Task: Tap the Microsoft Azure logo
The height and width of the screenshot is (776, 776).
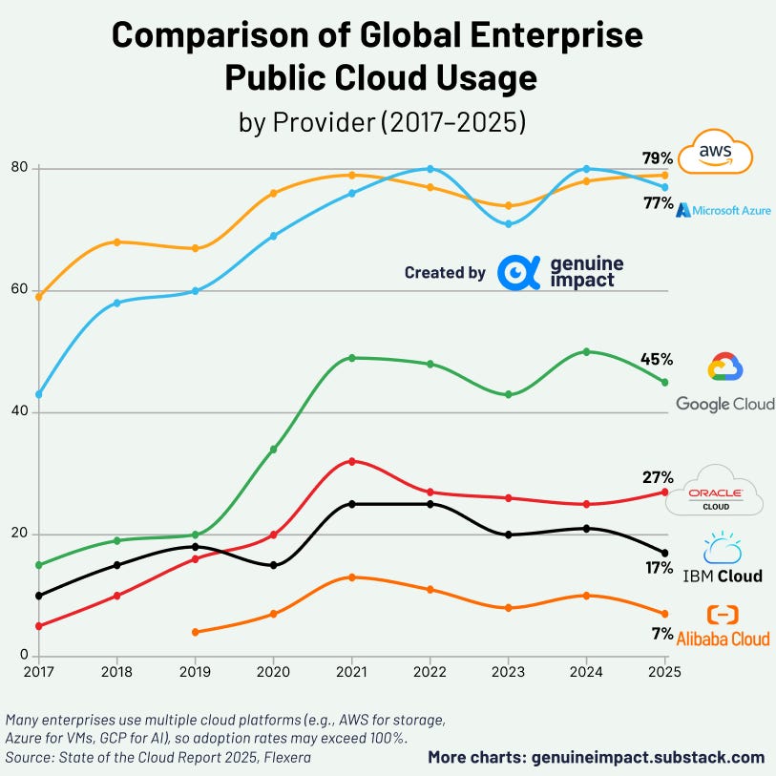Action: (724, 209)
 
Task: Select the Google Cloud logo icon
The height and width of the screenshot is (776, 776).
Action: (724, 367)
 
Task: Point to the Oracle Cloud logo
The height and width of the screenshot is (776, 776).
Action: (725, 492)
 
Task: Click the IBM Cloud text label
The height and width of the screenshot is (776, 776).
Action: (723, 576)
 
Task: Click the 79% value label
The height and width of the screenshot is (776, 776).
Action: (659, 157)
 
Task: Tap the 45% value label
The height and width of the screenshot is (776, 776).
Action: (658, 359)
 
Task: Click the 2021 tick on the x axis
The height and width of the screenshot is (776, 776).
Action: (351, 672)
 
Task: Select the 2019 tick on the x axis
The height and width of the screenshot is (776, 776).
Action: (195, 672)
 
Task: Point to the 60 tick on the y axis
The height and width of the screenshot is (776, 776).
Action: (17, 290)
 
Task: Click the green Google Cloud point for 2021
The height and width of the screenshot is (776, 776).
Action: (351, 358)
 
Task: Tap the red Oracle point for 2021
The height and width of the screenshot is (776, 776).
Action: (351, 461)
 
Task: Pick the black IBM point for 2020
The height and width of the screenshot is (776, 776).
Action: (273, 565)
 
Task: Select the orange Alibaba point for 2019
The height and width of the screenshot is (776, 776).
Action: (195, 632)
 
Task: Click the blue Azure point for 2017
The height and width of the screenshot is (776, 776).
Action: (38, 394)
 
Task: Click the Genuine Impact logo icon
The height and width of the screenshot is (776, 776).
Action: (519, 272)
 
